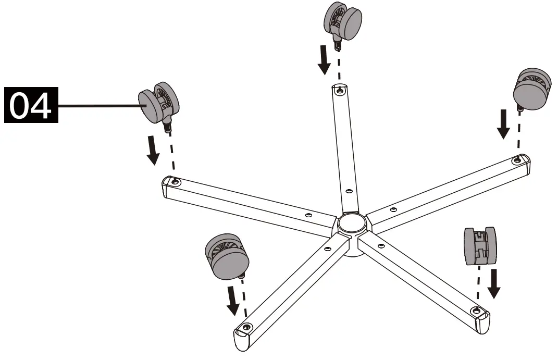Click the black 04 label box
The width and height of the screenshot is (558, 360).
pyautogui.click(x=31, y=105)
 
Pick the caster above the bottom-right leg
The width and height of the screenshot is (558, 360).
pyautogui.click(x=480, y=246)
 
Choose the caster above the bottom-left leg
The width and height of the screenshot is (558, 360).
pyautogui.click(x=227, y=256)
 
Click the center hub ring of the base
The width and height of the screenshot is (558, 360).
pyautogui.click(x=351, y=224)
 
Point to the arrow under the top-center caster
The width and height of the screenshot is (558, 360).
pyautogui.click(x=324, y=60)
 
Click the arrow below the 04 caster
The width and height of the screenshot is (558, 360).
pyautogui.click(x=153, y=151)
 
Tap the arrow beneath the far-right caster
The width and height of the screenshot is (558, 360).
pyautogui.click(x=503, y=124)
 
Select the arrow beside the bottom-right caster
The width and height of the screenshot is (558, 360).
pyautogui.click(x=494, y=283)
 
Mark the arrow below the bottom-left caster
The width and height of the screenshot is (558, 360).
pyautogui.click(x=233, y=301)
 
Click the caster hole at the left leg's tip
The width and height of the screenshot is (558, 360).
pyautogui.click(x=176, y=182)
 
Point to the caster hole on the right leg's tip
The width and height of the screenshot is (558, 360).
pyautogui.click(x=517, y=161)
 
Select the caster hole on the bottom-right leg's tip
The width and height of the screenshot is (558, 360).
pyautogui.click(x=475, y=311)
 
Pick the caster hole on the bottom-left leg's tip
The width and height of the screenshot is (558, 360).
pyautogui.click(x=246, y=326)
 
